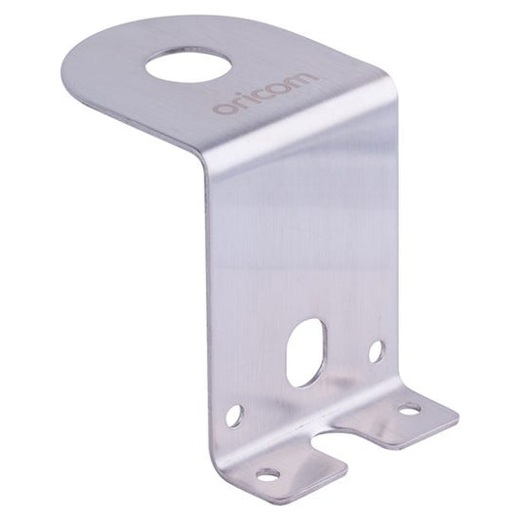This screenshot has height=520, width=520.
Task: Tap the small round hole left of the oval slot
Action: tap(234, 418)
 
